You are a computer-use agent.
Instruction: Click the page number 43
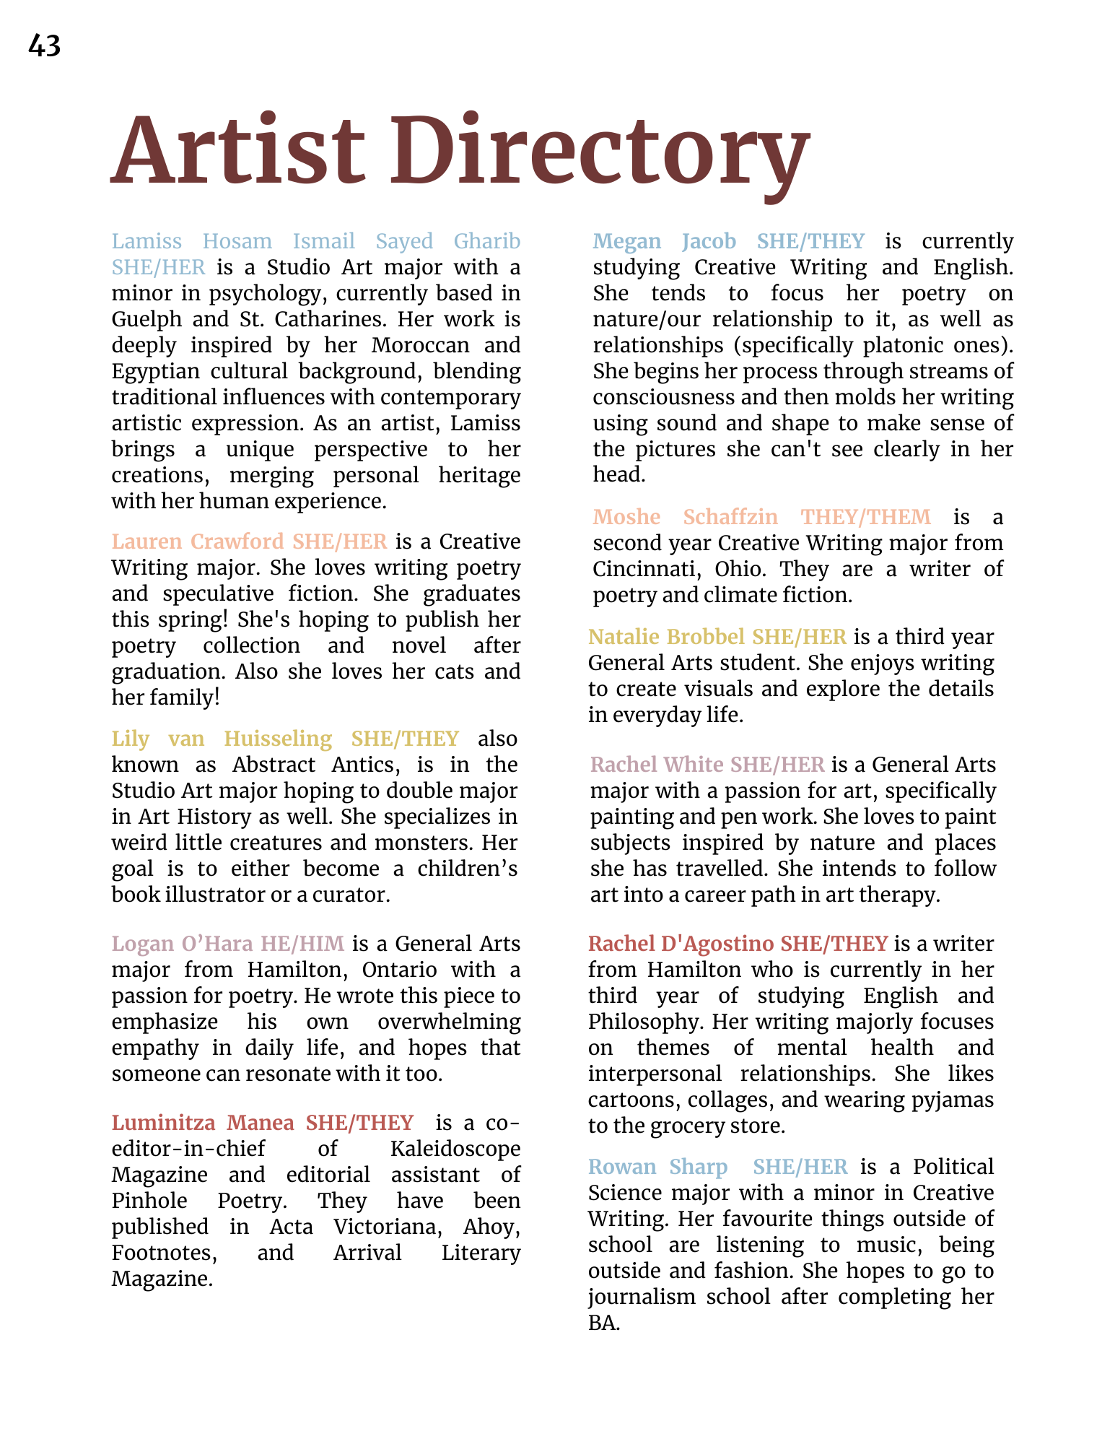pyautogui.click(x=44, y=46)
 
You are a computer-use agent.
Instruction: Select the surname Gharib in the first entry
pyautogui.click(x=486, y=241)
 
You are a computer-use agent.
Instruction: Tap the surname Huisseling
pyautogui.click(x=278, y=739)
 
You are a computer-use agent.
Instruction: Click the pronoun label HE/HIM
pyautogui.click(x=302, y=944)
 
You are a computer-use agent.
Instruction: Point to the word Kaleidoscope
pyautogui.click(x=455, y=1149)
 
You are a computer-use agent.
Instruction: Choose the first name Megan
pyautogui.click(x=626, y=241)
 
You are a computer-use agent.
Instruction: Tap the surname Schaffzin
pyautogui.click(x=730, y=517)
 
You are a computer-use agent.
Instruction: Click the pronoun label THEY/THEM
pyautogui.click(x=866, y=517)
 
